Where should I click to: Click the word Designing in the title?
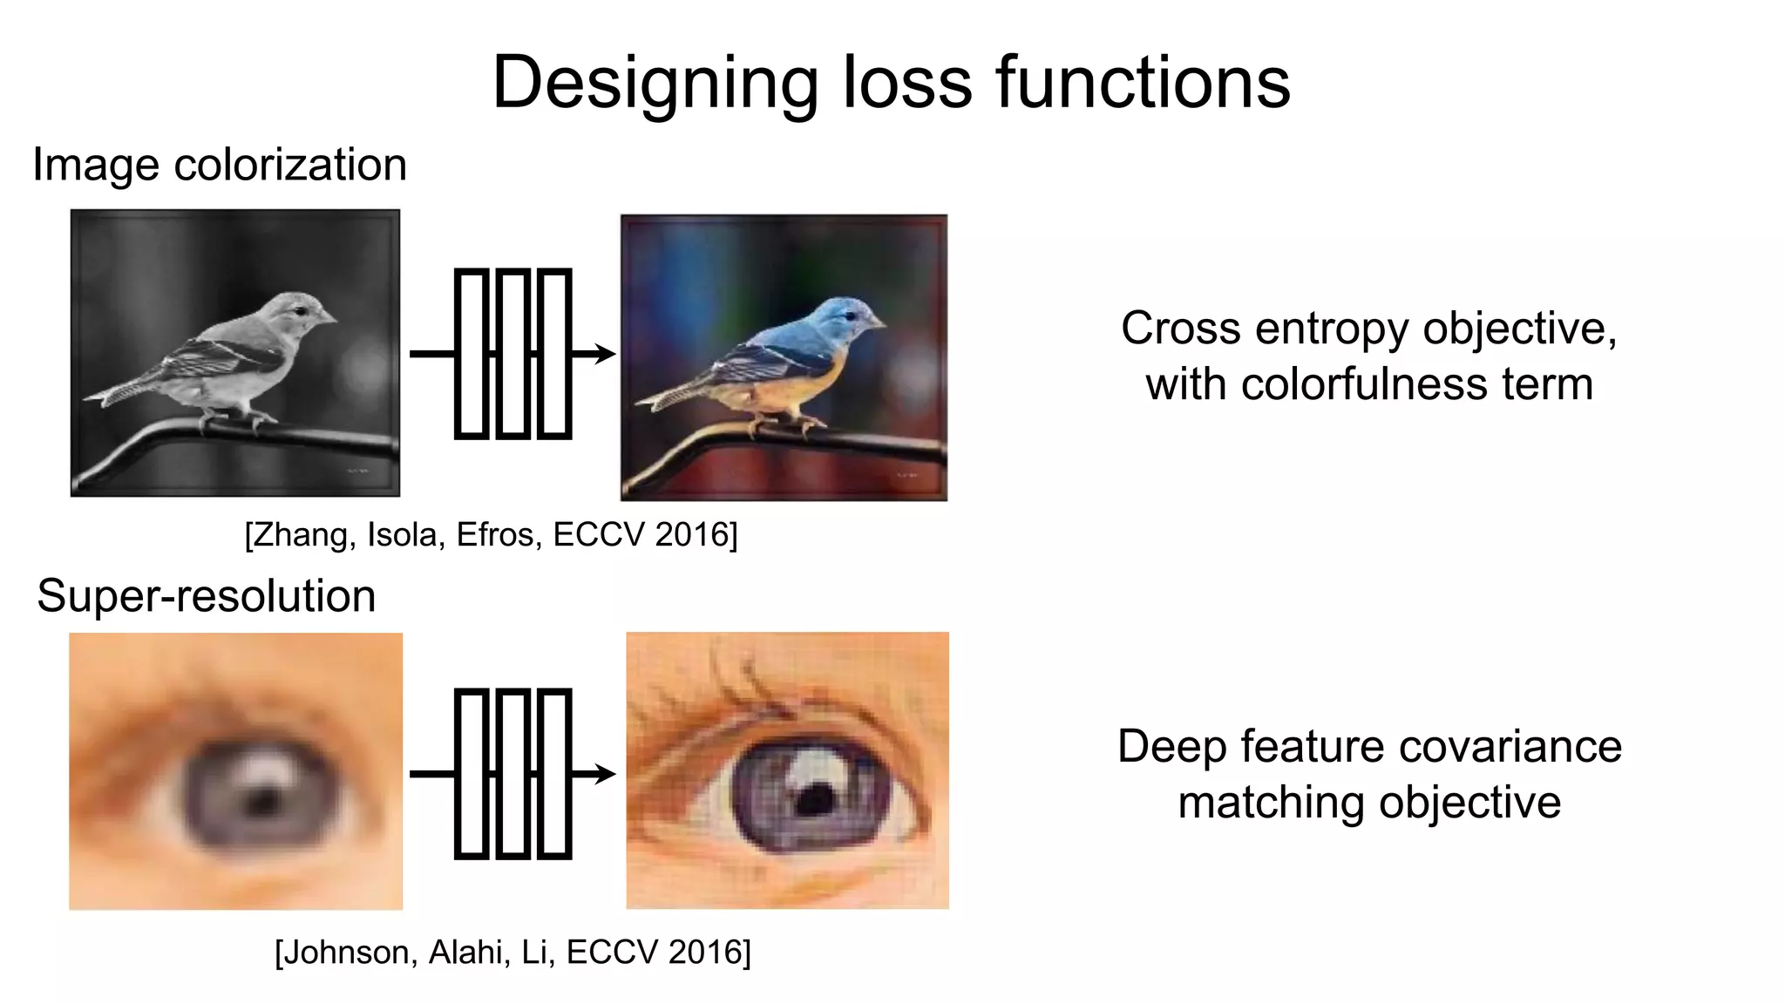(x=654, y=83)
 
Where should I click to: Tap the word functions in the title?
(x=1143, y=83)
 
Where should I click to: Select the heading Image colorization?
(x=220, y=165)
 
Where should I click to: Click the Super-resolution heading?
(x=207, y=596)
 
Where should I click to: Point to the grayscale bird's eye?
(x=300, y=310)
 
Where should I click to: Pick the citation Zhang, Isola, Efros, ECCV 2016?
(x=491, y=534)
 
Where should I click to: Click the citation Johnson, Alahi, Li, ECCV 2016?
(x=512, y=952)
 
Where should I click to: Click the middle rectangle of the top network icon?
(x=512, y=353)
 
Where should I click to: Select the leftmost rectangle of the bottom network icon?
(x=472, y=773)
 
